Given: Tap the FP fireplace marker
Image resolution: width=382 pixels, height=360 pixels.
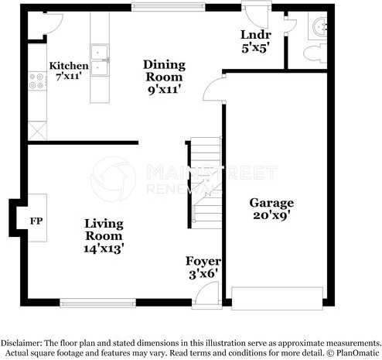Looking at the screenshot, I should click(x=35, y=221).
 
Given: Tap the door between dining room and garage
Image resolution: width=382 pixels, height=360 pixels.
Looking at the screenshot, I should click(x=213, y=91).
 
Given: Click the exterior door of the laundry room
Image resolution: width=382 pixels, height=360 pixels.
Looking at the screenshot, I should click(x=253, y=13).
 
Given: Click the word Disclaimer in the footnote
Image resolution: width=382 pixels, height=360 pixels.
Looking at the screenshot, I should click(x=23, y=342).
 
